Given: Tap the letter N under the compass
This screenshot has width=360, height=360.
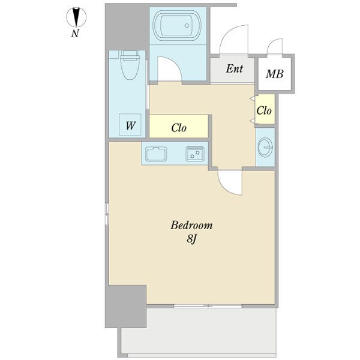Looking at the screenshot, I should click(75, 34).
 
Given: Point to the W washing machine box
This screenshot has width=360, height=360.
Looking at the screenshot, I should click(130, 126).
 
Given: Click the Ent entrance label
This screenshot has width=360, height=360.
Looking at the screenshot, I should click(234, 69).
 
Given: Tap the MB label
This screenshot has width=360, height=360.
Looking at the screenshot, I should click(275, 75).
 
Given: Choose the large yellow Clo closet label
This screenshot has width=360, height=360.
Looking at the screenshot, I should click(179, 127).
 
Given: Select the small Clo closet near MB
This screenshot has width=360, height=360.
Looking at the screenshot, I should click(265, 111).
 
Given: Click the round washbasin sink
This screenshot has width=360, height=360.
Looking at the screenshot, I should click(265, 146).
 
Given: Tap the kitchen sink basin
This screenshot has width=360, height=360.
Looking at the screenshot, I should click(157, 154).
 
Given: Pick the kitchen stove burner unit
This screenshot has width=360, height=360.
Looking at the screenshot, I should click(194, 154).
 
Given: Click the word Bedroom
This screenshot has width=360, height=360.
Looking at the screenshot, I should click(192, 226).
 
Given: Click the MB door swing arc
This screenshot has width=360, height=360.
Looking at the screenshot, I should click(275, 47).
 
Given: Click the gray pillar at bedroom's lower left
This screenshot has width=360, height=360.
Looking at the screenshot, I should click(125, 306).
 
